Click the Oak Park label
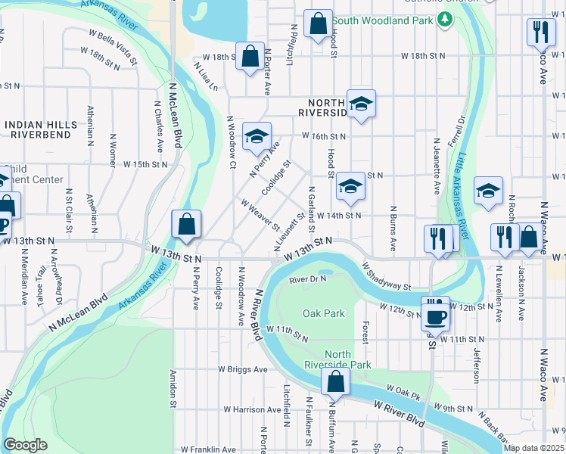[x=324, y=313]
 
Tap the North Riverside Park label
[x=348, y=359]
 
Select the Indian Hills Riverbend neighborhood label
[x=40, y=129]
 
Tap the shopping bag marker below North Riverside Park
[x=334, y=382]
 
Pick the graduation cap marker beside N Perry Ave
[x=257, y=137]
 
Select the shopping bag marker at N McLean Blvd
[x=186, y=224]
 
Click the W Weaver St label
[x=260, y=216]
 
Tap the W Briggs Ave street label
[x=243, y=370]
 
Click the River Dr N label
[x=307, y=280]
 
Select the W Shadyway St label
[x=386, y=276]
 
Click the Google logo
[x=25, y=445]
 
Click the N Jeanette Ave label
[x=436, y=166]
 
